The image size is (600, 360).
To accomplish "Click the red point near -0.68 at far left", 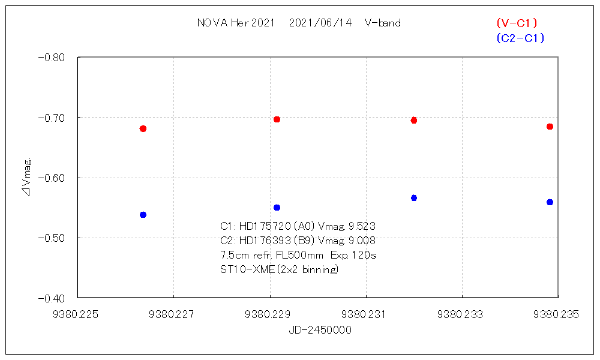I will coord(143,128).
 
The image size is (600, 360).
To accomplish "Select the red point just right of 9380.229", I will coord(277,119).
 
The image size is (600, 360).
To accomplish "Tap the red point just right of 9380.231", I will coord(413,120).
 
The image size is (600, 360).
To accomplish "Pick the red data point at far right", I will coord(550,127).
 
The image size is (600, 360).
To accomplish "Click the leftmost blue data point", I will coord(143,215).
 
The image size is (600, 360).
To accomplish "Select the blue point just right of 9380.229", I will coord(277,208).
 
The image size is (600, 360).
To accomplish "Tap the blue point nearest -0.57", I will coord(413,198).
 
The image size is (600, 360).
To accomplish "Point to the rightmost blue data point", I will coord(550,202).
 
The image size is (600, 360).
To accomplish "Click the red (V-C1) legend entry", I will coord(517,23).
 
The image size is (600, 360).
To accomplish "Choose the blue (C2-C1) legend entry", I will coord(520,38).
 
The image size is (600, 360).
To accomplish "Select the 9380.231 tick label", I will coord(365,314).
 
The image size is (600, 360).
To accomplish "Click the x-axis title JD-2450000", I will coord(320,330).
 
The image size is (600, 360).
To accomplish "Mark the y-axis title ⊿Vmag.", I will coord(26,178).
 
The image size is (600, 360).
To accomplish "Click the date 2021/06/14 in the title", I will coord(320,23).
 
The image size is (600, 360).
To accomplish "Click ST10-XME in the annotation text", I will coord(247,269).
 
